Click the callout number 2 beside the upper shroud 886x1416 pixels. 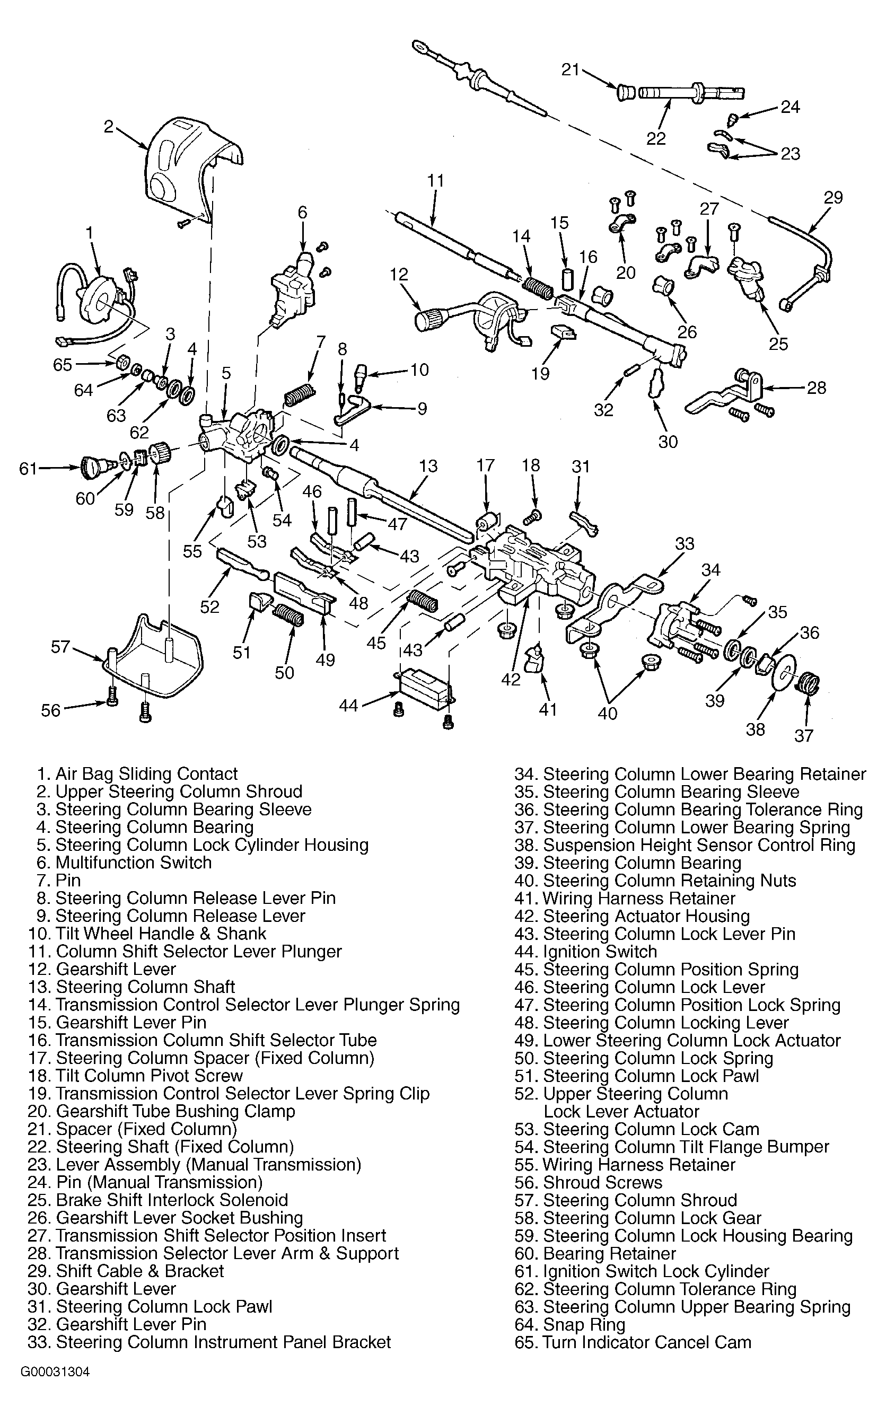pyautogui.click(x=108, y=126)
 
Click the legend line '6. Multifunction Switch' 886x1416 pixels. pyautogui.click(x=124, y=863)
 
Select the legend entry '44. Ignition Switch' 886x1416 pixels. pyautogui.click(x=585, y=952)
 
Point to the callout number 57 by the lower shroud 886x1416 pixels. pyautogui.click(x=60, y=647)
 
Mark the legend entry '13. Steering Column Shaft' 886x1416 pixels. pyautogui.click(x=131, y=987)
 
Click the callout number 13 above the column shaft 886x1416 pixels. pyautogui.click(x=428, y=467)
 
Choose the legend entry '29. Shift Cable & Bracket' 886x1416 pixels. pyautogui.click(x=126, y=1271)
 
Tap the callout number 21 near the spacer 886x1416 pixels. pyautogui.click(x=570, y=70)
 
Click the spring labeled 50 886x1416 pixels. pyautogui.click(x=288, y=614)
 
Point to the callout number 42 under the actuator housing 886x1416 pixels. pyautogui.click(x=511, y=680)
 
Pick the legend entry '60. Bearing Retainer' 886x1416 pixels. pyautogui.click(x=595, y=1253)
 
